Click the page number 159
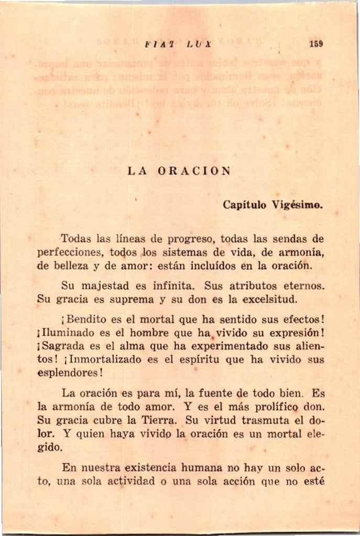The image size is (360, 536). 316,44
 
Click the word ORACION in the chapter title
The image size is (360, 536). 194,171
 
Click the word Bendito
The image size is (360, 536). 87,321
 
